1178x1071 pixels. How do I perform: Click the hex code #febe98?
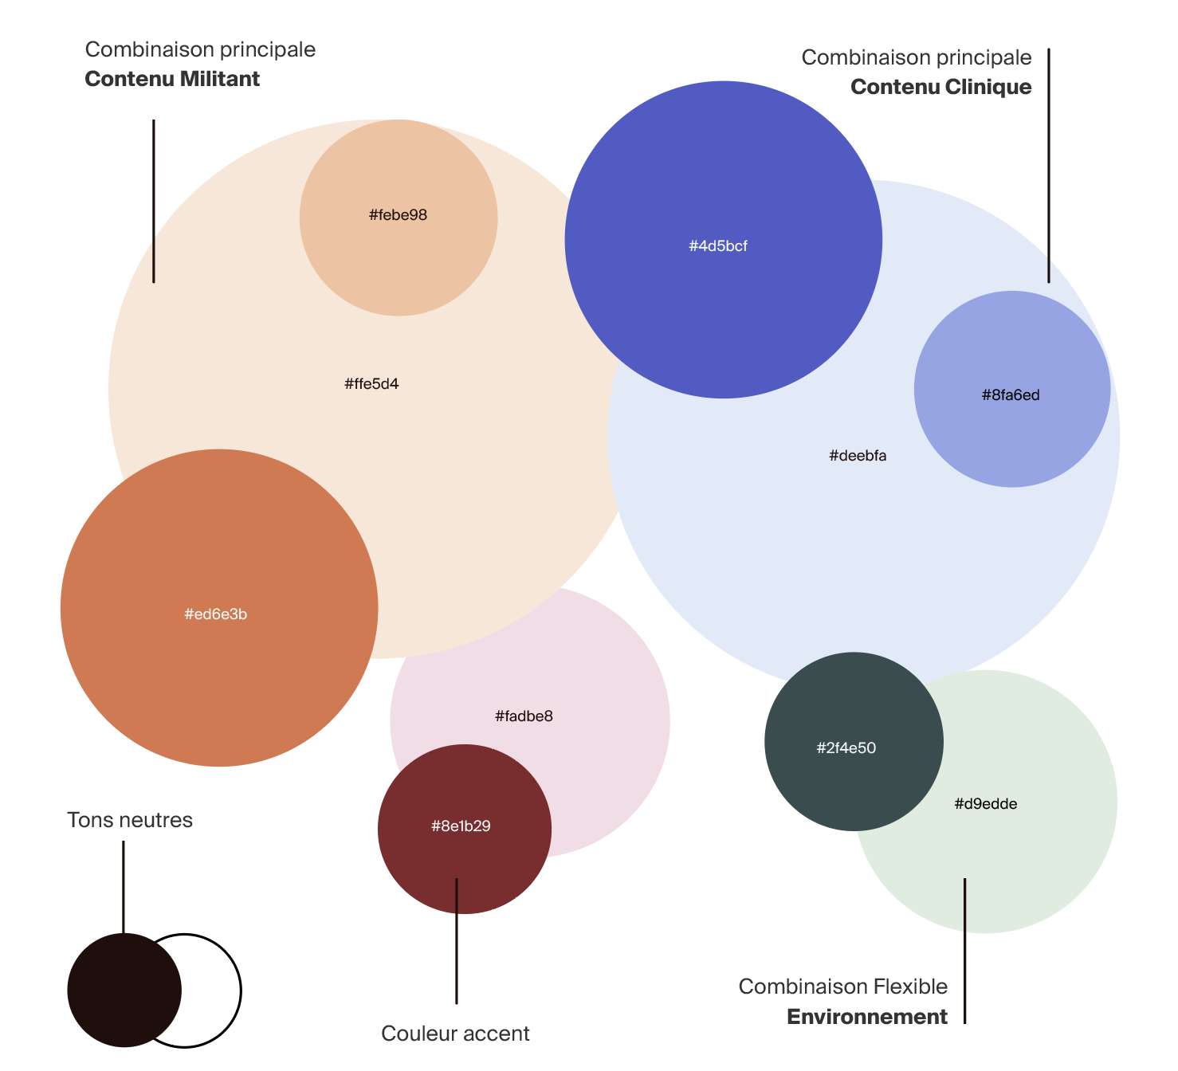(x=398, y=215)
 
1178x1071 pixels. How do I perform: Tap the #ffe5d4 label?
(x=371, y=384)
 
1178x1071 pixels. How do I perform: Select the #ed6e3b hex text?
(x=215, y=614)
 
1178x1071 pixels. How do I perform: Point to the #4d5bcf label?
(x=717, y=246)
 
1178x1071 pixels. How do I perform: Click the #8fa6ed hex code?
(x=1011, y=395)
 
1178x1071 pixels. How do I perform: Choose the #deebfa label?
(x=858, y=456)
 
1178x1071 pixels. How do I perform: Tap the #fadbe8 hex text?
(x=524, y=716)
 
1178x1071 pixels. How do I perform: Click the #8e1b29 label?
(x=461, y=826)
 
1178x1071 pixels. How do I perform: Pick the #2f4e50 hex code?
(x=846, y=748)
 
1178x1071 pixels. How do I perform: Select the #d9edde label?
(x=986, y=804)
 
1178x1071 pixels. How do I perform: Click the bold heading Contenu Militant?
(x=172, y=79)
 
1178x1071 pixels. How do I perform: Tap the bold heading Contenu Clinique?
(x=940, y=87)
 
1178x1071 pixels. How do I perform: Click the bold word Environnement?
(x=867, y=1017)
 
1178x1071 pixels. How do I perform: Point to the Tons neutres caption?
(x=130, y=820)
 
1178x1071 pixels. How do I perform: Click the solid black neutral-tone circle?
(x=124, y=990)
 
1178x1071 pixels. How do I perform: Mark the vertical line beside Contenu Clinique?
(x=1049, y=166)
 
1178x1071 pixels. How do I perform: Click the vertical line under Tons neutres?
(x=124, y=887)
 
